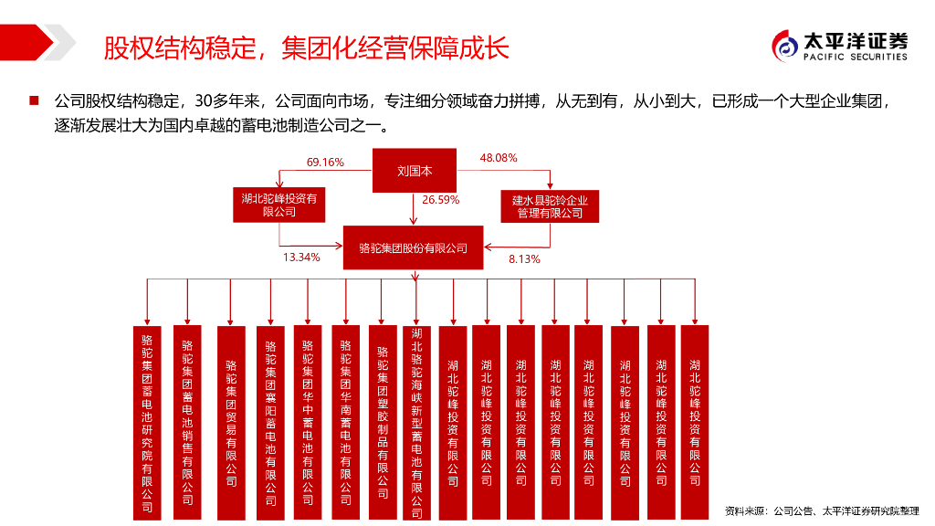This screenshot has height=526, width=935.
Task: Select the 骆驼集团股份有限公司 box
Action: click(414, 247)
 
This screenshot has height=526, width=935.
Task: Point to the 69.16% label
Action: click(325, 163)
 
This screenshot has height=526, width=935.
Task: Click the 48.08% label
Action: click(499, 158)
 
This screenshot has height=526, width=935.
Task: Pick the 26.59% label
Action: click(440, 199)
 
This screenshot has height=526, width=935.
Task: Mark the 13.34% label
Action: click(301, 258)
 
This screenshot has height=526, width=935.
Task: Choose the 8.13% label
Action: click(524, 259)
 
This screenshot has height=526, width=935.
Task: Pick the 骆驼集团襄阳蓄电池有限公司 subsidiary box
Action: click(270, 416)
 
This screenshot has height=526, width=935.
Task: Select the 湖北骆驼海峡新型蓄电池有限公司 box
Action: click(417, 417)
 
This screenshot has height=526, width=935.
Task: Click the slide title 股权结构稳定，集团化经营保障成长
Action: click(305, 47)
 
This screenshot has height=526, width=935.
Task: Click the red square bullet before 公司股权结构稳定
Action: click(34, 99)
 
